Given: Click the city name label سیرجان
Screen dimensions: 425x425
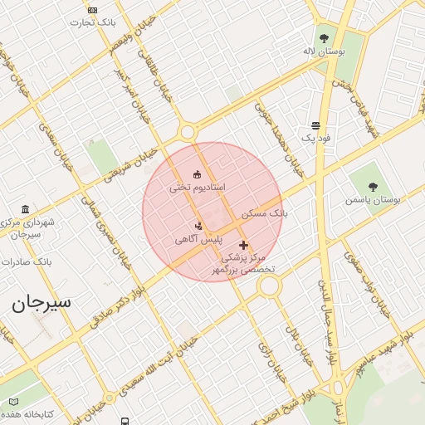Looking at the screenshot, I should tap(42, 302).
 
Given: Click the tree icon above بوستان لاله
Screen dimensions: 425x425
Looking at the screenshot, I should tap(324, 37).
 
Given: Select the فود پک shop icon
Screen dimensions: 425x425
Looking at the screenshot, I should tap(315, 125).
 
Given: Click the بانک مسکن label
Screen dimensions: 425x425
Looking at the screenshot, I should tap(265, 213).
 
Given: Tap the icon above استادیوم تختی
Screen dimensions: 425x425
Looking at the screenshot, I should tap(197, 174).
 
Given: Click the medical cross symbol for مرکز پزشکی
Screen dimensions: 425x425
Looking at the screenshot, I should tap(243, 245).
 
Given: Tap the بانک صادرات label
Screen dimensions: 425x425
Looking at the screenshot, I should tap(27, 261).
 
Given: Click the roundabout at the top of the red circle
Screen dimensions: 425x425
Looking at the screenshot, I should tap(188, 131).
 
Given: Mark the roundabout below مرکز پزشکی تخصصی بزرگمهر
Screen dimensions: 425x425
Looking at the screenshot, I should tap(268, 286).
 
